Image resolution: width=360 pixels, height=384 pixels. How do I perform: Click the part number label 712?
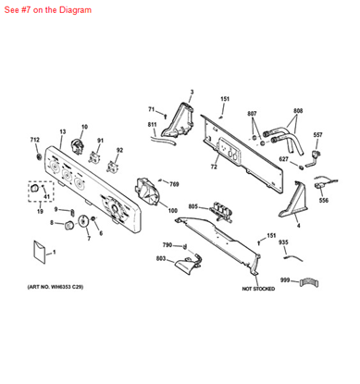pyautogui.click(x=34, y=140)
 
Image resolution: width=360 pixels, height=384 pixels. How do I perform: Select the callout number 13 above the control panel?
pyautogui.click(x=63, y=131)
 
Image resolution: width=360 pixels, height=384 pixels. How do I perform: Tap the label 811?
pyautogui.click(x=153, y=124)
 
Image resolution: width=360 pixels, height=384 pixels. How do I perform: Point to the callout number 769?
pyautogui.click(x=173, y=185)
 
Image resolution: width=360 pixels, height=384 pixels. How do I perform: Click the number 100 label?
pyautogui.click(x=173, y=211)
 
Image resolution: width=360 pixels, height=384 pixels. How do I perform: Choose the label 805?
pyautogui.click(x=192, y=206)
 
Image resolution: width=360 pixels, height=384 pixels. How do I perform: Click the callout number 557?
pyautogui.click(x=317, y=135)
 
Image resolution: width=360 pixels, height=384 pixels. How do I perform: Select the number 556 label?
pyautogui.click(x=323, y=199)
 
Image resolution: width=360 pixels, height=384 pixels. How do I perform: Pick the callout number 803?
pyautogui.click(x=160, y=259)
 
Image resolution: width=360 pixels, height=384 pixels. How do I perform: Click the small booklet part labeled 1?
pyautogui.click(x=39, y=250)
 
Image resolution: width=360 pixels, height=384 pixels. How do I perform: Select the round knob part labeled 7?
pyautogui.click(x=86, y=222)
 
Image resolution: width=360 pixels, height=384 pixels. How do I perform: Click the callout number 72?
pyautogui.click(x=213, y=167)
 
